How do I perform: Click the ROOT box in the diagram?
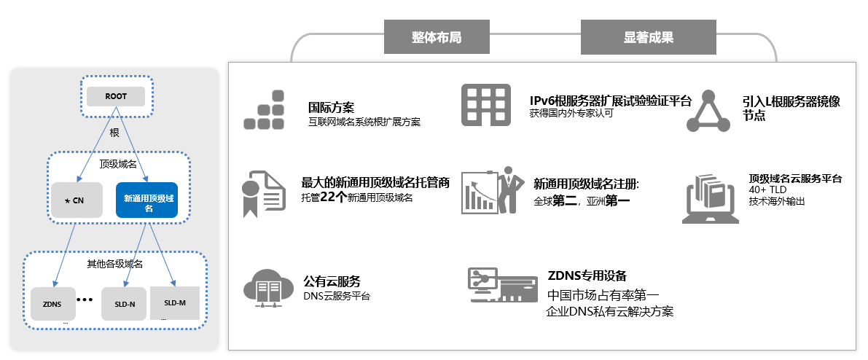[116, 96]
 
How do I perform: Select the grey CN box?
[77, 200]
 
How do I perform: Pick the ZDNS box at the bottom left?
[52, 304]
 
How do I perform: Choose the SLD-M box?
[175, 302]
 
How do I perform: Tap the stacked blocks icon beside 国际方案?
[265, 110]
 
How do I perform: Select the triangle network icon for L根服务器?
[708, 111]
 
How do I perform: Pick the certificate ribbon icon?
[262, 194]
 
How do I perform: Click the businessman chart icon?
[491, 191]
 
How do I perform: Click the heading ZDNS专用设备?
[587, 276]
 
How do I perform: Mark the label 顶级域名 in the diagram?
[118, 165]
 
